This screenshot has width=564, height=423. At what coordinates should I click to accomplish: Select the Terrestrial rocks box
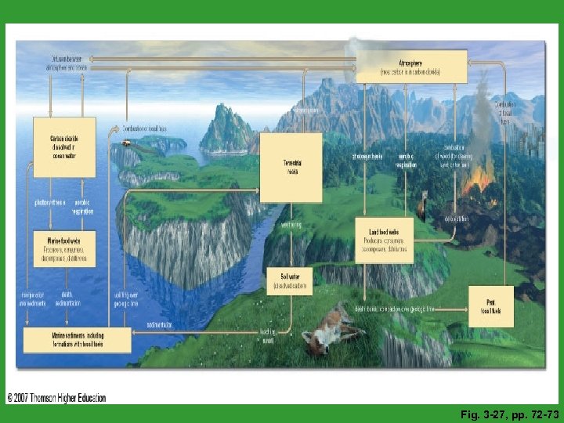tap(291, 168)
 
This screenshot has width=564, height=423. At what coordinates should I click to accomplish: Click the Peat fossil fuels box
tap(490, 306)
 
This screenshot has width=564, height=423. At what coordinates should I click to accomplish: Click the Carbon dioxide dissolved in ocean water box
tap(64, 146)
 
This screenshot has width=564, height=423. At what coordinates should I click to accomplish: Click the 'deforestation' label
tap(457, 219)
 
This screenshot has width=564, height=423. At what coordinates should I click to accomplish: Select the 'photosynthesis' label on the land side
tap(367, 156)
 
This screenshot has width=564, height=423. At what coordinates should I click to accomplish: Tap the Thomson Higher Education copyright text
tap(56, 397)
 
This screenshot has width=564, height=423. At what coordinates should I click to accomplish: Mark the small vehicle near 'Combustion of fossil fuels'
tap(127, 143)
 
